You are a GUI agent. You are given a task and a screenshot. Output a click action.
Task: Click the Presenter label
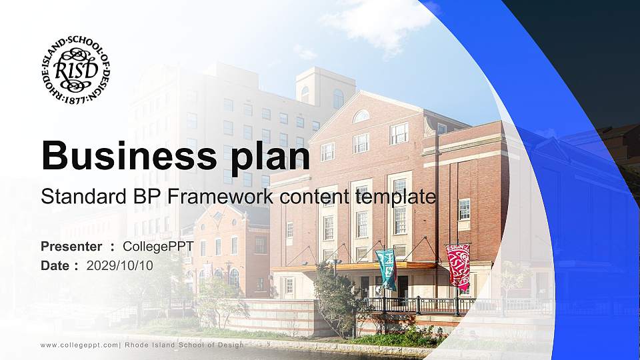point(71,247)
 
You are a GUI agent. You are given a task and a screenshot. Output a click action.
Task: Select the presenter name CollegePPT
point(158,247)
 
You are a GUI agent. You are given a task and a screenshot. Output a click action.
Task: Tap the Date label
point(55,265)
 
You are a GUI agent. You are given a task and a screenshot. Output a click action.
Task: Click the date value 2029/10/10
point(120,265)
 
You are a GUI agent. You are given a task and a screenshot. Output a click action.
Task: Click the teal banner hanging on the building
point(386,267)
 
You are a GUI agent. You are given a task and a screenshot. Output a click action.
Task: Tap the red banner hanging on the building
point(458,265)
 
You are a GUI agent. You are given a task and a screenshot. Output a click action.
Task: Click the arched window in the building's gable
point(361,116)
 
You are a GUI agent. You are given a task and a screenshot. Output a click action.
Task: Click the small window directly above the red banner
point(464,209)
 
